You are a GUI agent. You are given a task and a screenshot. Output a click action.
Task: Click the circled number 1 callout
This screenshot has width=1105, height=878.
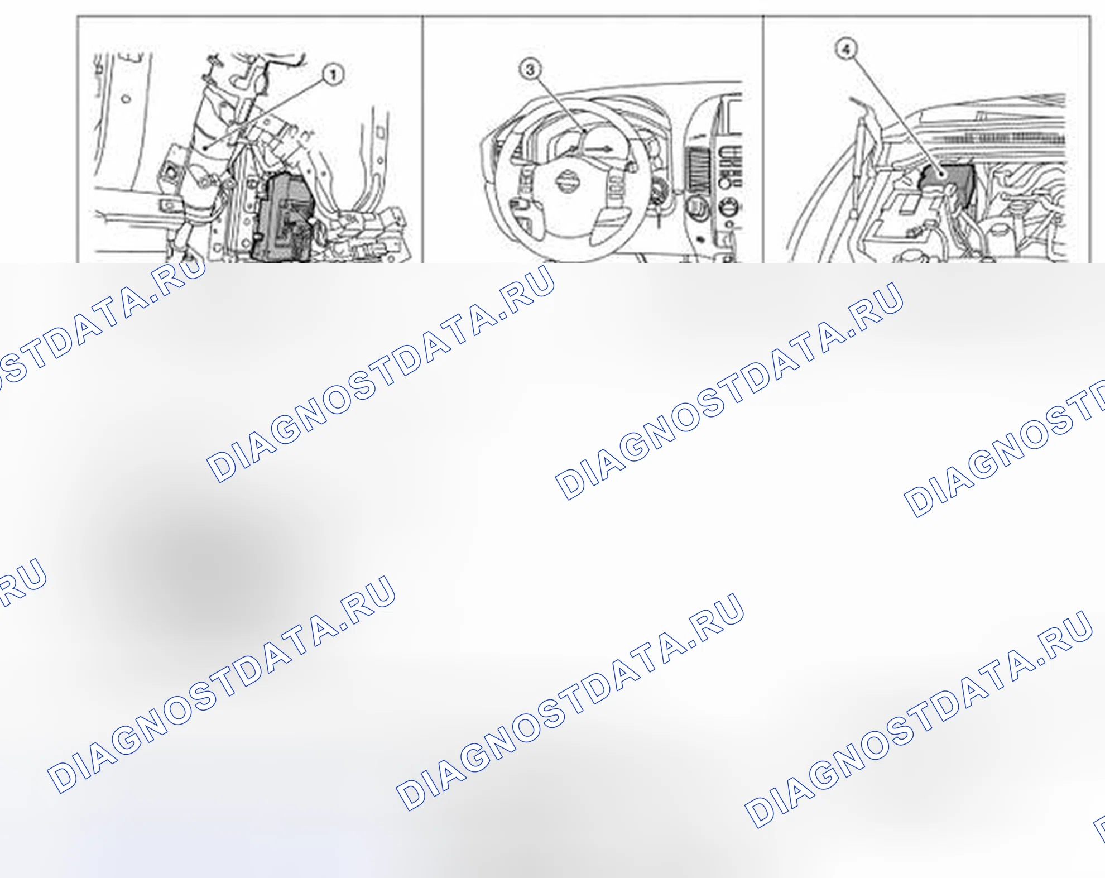[333, 75]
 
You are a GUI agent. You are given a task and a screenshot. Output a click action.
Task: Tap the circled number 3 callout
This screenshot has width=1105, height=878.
[530, 70]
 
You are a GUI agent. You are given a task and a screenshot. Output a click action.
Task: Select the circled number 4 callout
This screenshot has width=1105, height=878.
[846, 49]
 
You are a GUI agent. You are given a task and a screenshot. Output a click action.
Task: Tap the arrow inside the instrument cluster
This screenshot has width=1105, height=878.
[599, 149]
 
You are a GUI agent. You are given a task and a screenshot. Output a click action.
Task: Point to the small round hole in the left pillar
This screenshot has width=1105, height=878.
[126, 99]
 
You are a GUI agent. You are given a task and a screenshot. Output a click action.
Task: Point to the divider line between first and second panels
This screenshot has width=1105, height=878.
[422, 139]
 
